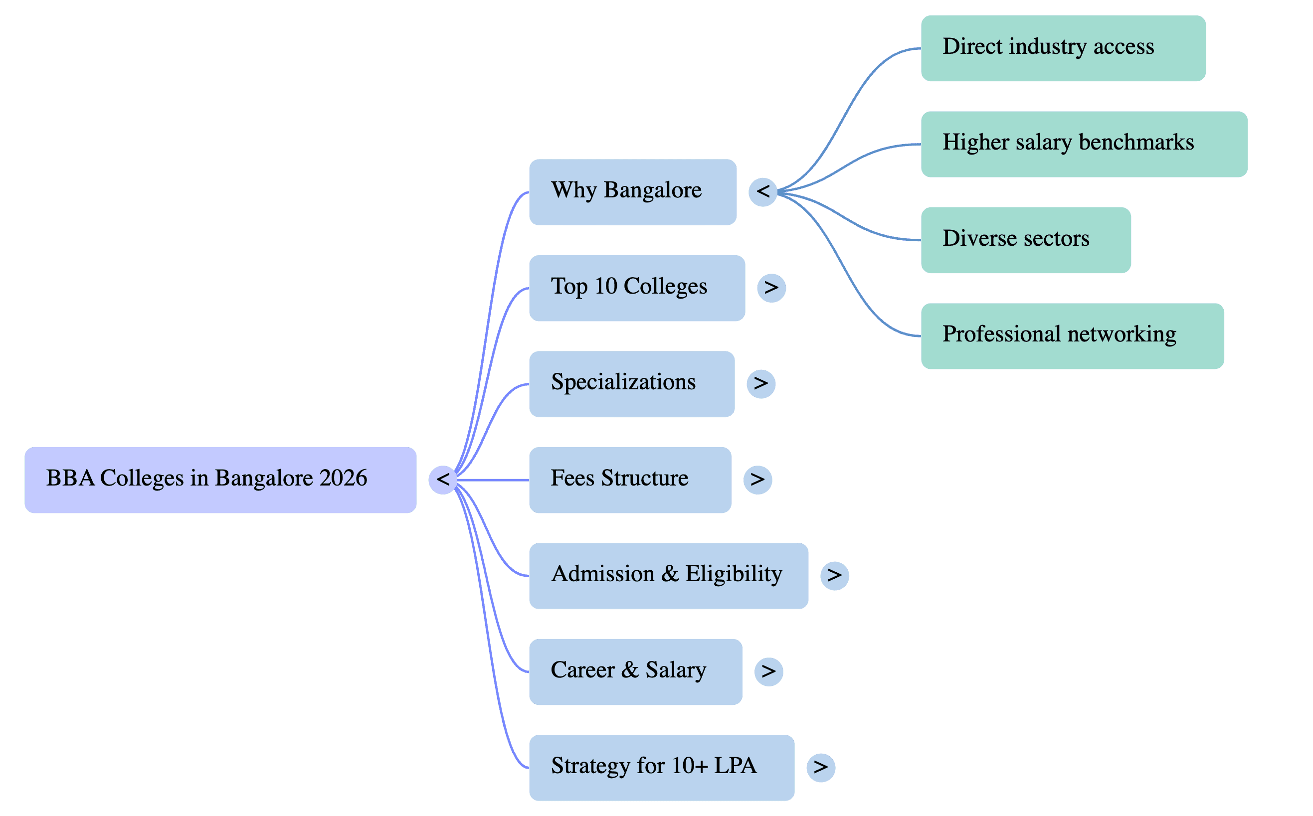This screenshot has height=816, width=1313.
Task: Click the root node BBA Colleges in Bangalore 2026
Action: tap(220, 480)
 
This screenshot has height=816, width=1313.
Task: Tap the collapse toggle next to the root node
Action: tap(443, 480)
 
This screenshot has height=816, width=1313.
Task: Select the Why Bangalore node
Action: tap(633, 192)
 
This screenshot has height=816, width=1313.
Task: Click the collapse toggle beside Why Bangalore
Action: tap(763, 191)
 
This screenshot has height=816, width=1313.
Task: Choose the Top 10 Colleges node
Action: tap(637, 288)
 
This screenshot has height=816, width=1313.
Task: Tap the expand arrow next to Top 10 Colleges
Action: tap(771, 288)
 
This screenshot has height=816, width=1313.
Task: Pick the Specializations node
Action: tap(632, 384)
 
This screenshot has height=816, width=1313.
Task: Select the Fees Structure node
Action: tap(630, 480)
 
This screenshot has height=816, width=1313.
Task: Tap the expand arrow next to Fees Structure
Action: tap(758, 480)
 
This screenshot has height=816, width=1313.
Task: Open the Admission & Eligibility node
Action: tap(668, 576)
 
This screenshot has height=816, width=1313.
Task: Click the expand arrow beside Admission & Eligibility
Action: tap(835, 576)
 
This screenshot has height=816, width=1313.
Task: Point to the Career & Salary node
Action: tap(635, 671)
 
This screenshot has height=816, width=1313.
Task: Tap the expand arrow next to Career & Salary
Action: tap(769, 672)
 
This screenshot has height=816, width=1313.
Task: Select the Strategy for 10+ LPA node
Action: tap(661, 768)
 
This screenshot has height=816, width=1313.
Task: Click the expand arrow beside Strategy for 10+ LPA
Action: tap(821, 768)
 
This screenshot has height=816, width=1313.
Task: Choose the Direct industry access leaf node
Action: tap(1063, 48)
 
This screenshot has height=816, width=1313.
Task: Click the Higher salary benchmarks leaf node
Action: tap(1084, 144)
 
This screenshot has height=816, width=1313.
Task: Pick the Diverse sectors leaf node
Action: tap(1026, 240)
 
